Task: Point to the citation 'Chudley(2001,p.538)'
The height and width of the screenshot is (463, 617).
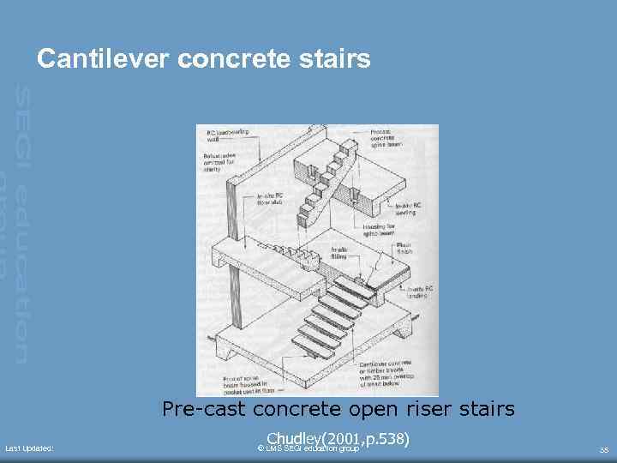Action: pyautogui.click(x=338, y=439)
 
